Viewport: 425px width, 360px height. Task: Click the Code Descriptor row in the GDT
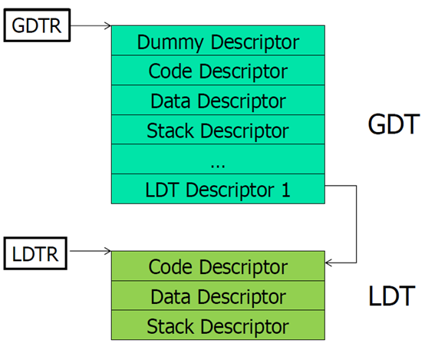[218, 71]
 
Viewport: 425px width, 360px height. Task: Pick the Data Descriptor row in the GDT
[218, 101]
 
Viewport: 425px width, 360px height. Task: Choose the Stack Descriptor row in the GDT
[218, 130]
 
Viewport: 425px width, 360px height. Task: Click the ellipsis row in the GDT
[218, 160]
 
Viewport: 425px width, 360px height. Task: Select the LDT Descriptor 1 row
[218, 189]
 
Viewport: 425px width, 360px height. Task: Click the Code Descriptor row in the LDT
[218, 266]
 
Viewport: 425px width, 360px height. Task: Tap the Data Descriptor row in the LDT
[218, 296]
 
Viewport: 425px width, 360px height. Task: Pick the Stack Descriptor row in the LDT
[218, 325]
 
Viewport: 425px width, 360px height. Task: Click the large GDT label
[392, 124]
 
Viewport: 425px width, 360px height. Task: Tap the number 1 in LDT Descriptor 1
[286, 189]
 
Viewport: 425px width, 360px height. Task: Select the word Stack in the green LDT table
[170, 325]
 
